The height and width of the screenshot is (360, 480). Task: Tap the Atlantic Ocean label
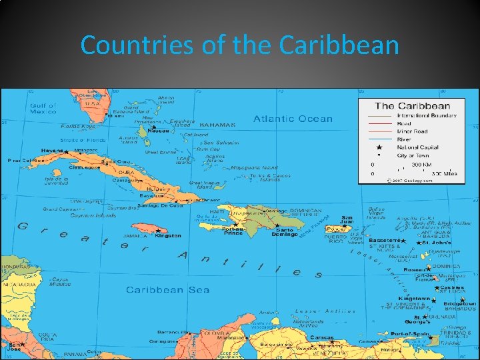coord(292,119)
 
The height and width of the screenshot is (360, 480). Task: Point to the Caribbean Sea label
coord(167,290)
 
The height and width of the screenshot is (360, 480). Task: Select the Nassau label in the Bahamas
coord(158,131)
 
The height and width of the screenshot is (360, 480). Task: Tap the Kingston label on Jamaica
coord(167,235)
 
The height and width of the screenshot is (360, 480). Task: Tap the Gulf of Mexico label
coord(43,109)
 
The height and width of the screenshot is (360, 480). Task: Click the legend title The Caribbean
coord(413,106)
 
